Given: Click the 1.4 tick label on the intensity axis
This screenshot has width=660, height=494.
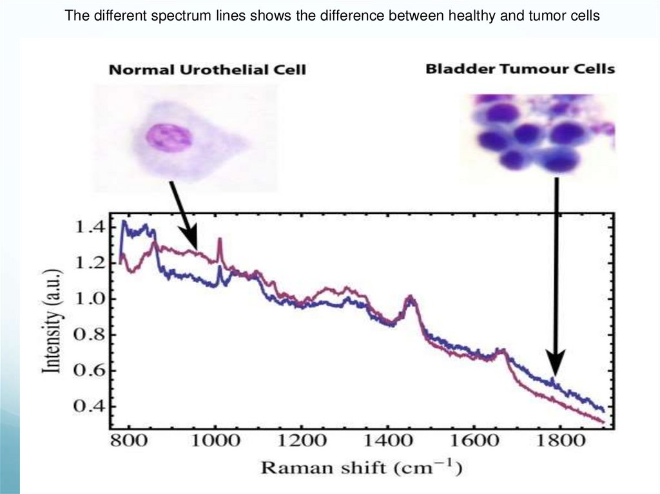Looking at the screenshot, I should (x=90, y=227).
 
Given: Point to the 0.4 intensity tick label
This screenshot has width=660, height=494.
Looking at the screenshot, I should (x=90, y=406).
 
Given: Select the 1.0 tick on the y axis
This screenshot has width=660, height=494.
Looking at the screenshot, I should (x=90, y=299).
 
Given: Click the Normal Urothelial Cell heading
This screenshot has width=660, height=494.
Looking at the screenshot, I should (x=207, y=70).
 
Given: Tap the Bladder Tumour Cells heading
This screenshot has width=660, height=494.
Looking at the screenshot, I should (x=520, y=68).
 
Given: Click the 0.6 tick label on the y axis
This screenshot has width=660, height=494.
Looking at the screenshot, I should (x=90, y=370).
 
